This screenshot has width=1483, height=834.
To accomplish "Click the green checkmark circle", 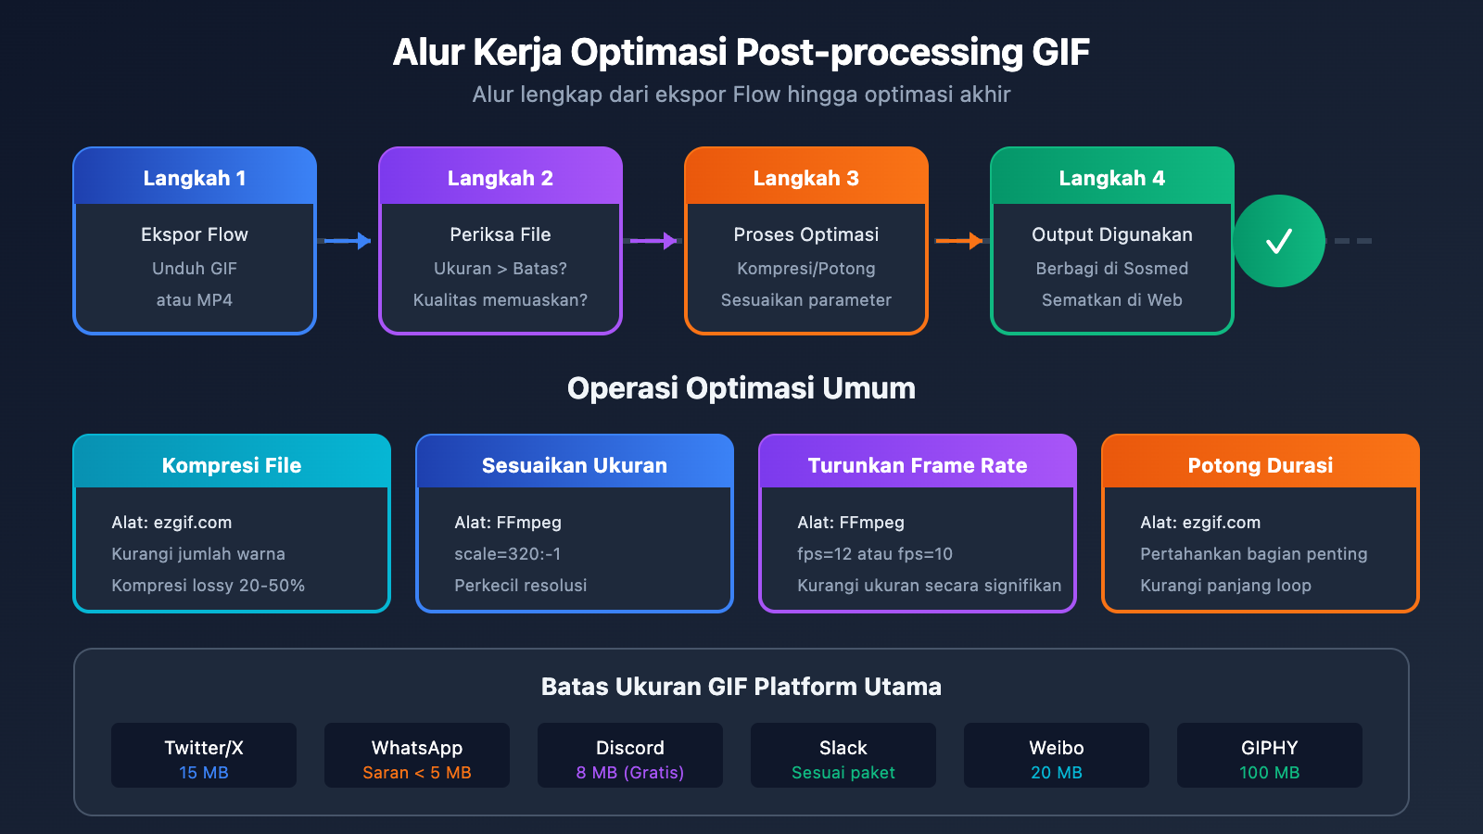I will point(1279,241).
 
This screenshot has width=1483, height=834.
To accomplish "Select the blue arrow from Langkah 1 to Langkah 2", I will point(348,241).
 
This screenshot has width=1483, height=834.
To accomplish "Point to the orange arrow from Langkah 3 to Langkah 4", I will point(959,241).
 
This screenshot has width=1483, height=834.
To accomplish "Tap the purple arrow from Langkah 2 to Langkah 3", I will point(653,241).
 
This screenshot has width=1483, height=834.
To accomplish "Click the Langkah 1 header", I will point(195,178).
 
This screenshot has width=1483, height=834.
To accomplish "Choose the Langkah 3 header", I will point(806,178).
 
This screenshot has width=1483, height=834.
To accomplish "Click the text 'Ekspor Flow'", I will point(195,234).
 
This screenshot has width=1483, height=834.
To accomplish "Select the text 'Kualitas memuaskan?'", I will point(501,300).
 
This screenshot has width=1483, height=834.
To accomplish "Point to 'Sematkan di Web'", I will point(1112,300).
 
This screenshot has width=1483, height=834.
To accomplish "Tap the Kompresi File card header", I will point(232,465).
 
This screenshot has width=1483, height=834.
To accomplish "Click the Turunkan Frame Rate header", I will point(918,465).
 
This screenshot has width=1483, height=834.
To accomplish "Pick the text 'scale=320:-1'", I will point(508,554).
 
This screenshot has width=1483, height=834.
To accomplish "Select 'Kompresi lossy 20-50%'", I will point(209,586).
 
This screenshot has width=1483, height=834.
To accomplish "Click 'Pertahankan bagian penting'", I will point(1254,554).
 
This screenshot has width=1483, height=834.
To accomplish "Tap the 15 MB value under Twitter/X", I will point(204,773).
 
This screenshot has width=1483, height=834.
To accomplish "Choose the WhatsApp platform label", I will point(417,748).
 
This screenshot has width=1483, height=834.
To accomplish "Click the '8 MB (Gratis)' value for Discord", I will point(630,773).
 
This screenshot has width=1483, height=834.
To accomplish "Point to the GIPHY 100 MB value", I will point(1270,773).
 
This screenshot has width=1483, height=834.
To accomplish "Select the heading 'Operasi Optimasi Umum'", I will point(741,388).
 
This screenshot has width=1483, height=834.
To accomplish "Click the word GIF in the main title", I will point(1060,53).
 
